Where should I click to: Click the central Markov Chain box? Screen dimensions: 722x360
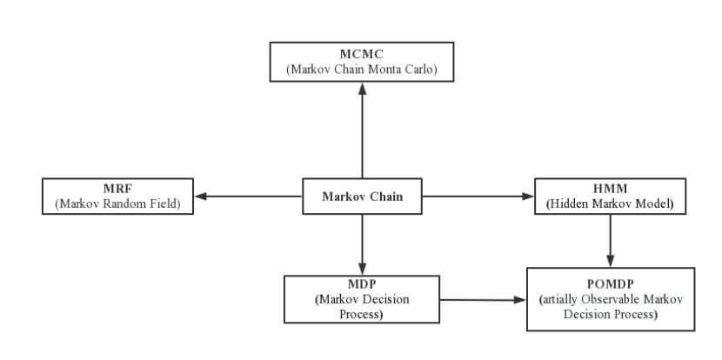tap(362, 197)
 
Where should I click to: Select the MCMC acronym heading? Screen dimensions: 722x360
tap(362, 54)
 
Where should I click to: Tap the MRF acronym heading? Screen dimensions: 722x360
tap(117, 189)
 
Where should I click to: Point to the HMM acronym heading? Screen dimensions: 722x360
tap(610, 189)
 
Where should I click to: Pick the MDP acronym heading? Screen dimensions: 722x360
tap(362, 284)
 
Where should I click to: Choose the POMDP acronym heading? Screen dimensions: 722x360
tap(611, 284)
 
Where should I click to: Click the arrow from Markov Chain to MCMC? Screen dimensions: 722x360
tap(363, 130)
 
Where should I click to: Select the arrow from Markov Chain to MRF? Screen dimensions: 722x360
tap(248, 197)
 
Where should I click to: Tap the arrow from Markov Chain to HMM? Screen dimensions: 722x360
tap(478, 197)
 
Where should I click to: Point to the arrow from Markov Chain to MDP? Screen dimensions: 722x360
tap(363, 244)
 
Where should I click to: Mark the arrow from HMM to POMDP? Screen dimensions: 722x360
tap(611, 241)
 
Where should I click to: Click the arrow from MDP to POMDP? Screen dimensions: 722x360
tap(483, 300)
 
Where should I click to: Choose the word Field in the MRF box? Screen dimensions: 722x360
tap(163, 204)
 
